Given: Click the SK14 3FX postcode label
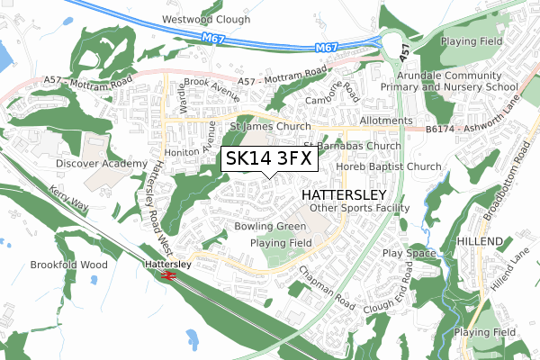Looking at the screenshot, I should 268,158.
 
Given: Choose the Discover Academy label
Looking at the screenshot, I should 101,164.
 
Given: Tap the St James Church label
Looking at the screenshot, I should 271,127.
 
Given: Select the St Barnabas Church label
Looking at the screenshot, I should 351,145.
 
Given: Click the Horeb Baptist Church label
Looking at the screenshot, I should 389,166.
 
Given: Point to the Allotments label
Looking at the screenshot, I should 385,121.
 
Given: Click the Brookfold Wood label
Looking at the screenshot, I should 68,265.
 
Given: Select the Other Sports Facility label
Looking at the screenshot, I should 359,208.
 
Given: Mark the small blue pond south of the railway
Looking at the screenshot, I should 192,337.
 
